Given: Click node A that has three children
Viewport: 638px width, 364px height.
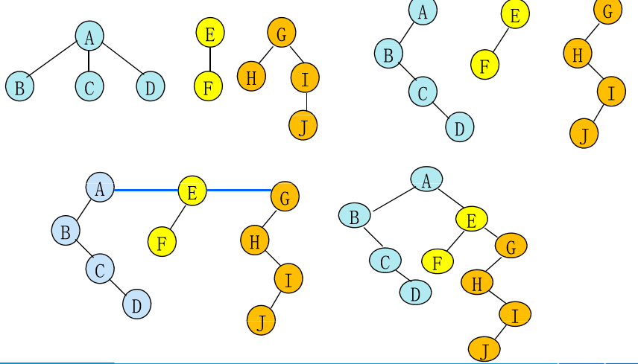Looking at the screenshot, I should [89, 36].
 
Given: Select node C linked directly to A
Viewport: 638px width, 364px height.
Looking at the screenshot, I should [89, 87].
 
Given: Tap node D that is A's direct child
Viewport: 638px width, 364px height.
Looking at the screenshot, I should [150, 87].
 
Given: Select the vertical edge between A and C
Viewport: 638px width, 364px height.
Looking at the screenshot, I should [89, 61].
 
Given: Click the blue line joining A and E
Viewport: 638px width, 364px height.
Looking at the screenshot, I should [146, 190].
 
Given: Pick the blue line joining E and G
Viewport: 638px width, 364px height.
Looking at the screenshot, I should [239, 191].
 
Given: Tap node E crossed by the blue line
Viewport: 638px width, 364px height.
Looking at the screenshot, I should [192, 192].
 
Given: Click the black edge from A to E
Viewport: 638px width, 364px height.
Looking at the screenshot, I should [449, 199].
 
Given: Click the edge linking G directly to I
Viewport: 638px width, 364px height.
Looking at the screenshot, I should [294, 54].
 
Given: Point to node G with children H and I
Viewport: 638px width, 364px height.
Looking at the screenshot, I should [282, 33].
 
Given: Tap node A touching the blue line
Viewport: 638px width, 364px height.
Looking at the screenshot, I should [100, 188].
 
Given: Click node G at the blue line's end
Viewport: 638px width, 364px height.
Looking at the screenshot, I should [285, 197].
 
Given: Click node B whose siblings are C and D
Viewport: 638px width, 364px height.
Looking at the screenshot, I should [20, 87].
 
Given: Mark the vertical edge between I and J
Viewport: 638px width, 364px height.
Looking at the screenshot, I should [305, 100].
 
